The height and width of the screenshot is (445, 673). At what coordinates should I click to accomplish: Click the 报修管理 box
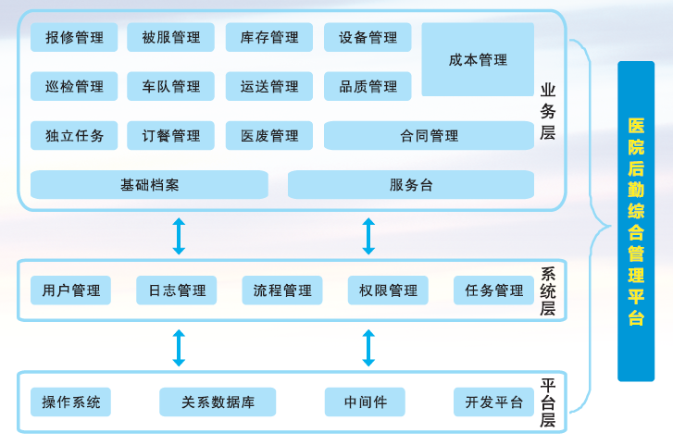(x=74, y=37)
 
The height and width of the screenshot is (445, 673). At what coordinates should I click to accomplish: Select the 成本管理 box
(x=478, y=59)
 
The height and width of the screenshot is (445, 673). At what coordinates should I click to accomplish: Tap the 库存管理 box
(x=269, y=37)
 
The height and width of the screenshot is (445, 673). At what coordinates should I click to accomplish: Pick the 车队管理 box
(x=170, y=86)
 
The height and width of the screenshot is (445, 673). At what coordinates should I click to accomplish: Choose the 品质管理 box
(x=368, y=86)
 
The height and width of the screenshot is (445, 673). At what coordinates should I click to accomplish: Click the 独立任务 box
(x=74, y=136)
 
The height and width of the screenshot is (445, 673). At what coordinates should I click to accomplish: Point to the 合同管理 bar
(x=429, y=136)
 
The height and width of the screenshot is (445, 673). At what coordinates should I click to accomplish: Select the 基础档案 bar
(x=149, y=184)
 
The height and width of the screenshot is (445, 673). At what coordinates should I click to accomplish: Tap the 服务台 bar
(x=411, y=184)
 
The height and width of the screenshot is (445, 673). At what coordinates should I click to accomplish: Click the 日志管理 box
(x=177, y=290)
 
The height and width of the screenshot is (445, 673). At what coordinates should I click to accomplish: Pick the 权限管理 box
(x=388, y=290)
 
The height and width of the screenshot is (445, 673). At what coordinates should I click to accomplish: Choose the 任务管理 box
(x=493, y=290)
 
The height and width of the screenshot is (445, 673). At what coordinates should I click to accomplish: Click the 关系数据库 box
(x=218, y=402)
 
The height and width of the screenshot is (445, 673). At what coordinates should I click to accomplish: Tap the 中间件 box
(x=365, y=402)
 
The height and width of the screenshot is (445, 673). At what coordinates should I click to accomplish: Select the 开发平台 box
(x=493, y=402)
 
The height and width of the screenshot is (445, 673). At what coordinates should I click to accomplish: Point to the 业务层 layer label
(x=548, y=112)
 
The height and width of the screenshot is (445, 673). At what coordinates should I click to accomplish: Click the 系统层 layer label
(x=548, y=290)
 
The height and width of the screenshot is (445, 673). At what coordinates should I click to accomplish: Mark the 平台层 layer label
(x=548, y=402)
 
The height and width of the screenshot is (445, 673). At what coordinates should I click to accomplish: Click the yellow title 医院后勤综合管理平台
(x=636, y=221)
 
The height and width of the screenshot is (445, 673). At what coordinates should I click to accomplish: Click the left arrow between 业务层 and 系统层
(x=179, y=236)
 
